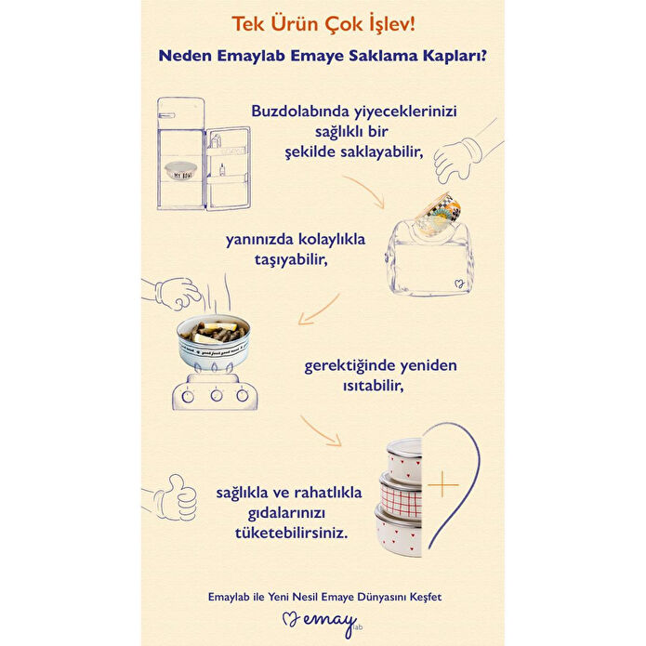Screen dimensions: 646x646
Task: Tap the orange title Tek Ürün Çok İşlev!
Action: (x=323, y=22)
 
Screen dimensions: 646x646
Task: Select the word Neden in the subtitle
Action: (x=185, y=55)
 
